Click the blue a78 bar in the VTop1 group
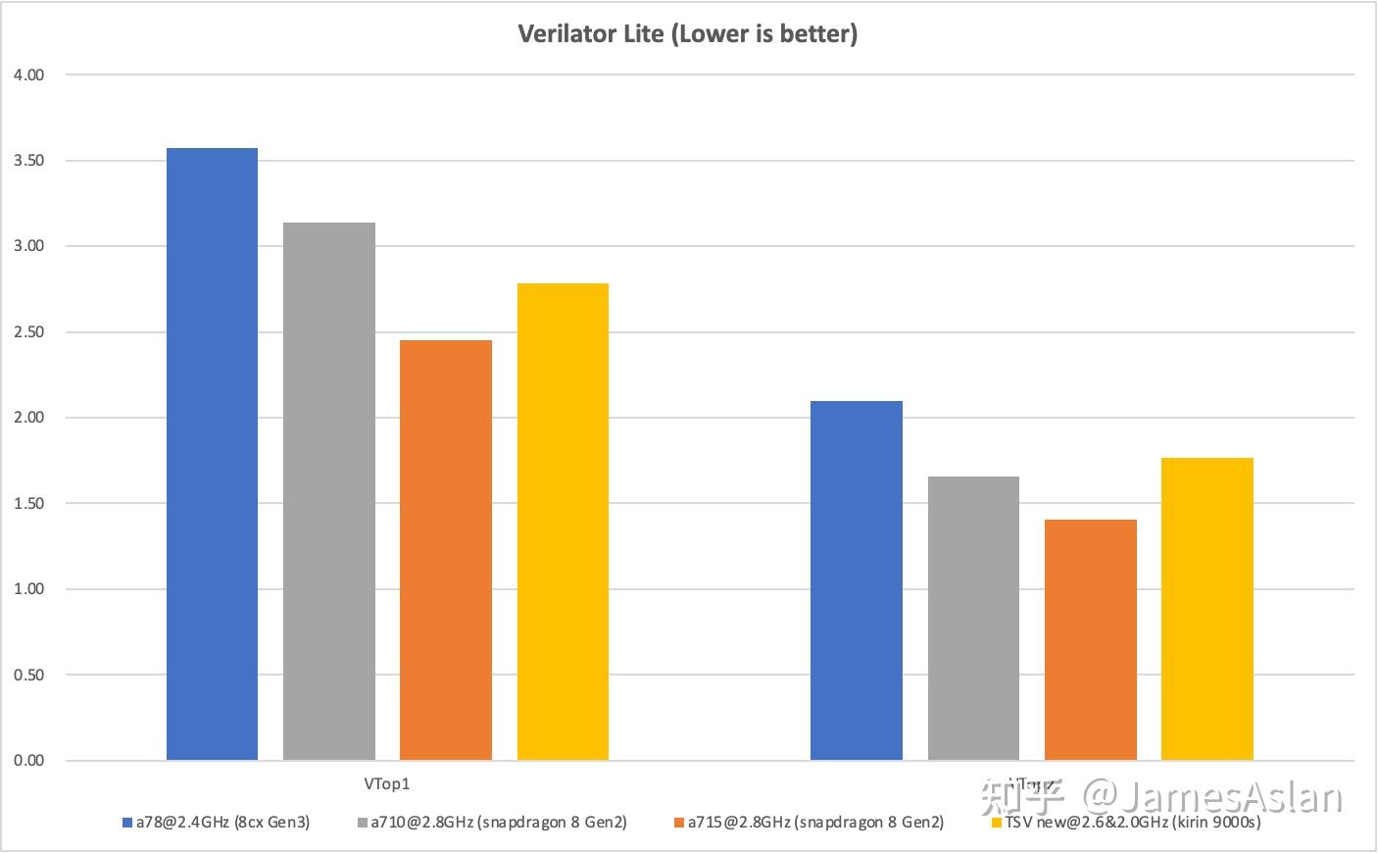coord(212,454)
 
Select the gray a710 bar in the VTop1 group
coord(329,491)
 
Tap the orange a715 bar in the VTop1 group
coord(446,550)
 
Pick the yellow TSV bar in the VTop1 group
coord(563,522)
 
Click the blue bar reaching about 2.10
coord(857,580)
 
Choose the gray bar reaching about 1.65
coord(973,619)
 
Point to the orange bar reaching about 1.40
coord(1091,640)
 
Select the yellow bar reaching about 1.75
coord(1207,609)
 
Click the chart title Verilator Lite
coord(688,33)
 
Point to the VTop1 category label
coord(387,784)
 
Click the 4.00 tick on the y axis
coord(29,75)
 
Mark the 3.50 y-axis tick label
coord(29,161)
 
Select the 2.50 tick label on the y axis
coord(29,332)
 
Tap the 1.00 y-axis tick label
coord(29,589)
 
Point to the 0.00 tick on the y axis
coord(29,761)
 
